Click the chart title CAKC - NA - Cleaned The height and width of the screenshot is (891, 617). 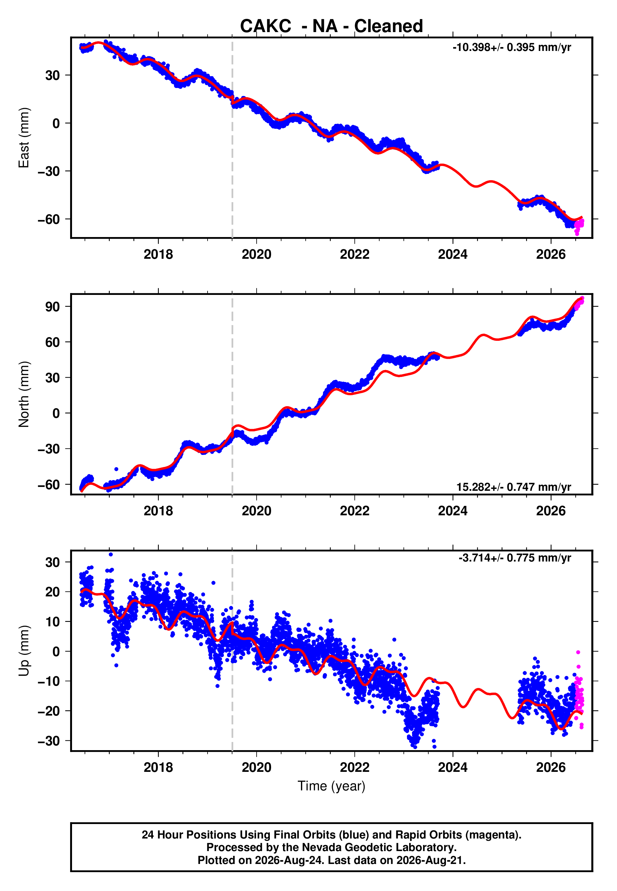pyautogui.click(x=331, y=26)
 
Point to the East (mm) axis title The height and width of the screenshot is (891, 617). pyautogui.click(x=24, y=138)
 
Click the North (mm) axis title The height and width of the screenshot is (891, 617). pyautogui.click(x=24, y=394)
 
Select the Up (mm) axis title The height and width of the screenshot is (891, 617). pyautogui.click(x=24, y=651)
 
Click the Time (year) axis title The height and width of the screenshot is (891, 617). pyautogui.click(x=331, y=786)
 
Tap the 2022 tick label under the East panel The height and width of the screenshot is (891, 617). pyautogui.click(x=354, y=254)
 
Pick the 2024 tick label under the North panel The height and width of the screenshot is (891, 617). pyautogui.click(x=453, y=511)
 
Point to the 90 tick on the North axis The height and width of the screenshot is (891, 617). pyautogui.click(x=53, y=307)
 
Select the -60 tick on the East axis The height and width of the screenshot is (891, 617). pyautogui.click(x=49, y=219)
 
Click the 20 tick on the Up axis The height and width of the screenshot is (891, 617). pyautogui.click(x=53, y=592)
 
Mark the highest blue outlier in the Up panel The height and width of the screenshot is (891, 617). pyautogui.click(x=111, y=555)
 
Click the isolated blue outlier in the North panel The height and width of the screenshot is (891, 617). pyautogui.click(x=116, y=469)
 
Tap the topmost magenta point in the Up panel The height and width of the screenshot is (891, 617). pyautogui.click(x=578, y=652)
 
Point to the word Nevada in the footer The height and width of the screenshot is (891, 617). pyautogui.click(x=316, y=847)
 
